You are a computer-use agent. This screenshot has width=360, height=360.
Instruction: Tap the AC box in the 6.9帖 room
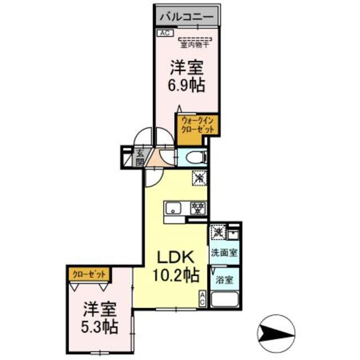165,33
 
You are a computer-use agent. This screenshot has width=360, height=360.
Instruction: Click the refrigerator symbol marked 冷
200,177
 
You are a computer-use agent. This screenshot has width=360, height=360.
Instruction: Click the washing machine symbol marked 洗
218,231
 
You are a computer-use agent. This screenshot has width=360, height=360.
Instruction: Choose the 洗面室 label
224,253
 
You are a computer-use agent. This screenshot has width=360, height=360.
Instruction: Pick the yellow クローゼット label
88,274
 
